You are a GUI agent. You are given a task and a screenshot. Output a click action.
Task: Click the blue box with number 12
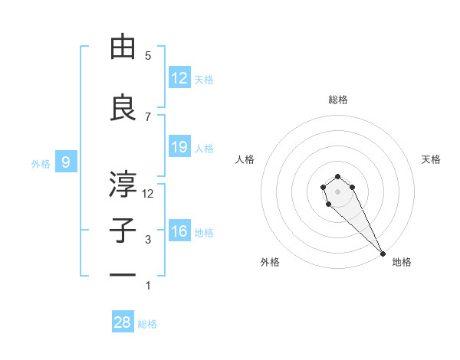[x=179, y=78]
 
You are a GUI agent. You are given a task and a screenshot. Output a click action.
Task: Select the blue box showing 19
[x=179, y=147]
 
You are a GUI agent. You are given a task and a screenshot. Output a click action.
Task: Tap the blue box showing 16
[x=179, y=231]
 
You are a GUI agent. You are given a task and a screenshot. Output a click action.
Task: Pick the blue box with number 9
[x=67, y=162]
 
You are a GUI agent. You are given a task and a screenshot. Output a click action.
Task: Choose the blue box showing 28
[x=123, y=322]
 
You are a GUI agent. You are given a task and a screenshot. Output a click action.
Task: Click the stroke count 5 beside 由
[x=148, y=56]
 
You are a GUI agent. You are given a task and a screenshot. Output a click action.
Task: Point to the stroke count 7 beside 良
[x=148, y=116]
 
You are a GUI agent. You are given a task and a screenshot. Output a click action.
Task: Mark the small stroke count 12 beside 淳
[x=148, y=193]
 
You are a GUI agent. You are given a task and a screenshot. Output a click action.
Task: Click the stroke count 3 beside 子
[x=148, y=240]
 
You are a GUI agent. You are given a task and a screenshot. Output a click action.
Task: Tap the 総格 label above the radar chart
[x=338, y=100]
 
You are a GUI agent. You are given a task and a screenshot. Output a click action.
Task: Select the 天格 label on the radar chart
[x=432, y=159]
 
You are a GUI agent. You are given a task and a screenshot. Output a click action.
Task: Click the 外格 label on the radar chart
[x=270, y=262]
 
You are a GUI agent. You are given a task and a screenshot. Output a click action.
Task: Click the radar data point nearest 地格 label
[x=383, y=254]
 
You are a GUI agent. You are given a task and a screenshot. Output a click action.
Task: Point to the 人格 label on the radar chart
[x=245, y=159]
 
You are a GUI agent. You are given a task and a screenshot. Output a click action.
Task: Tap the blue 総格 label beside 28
[x=147, y=324]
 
